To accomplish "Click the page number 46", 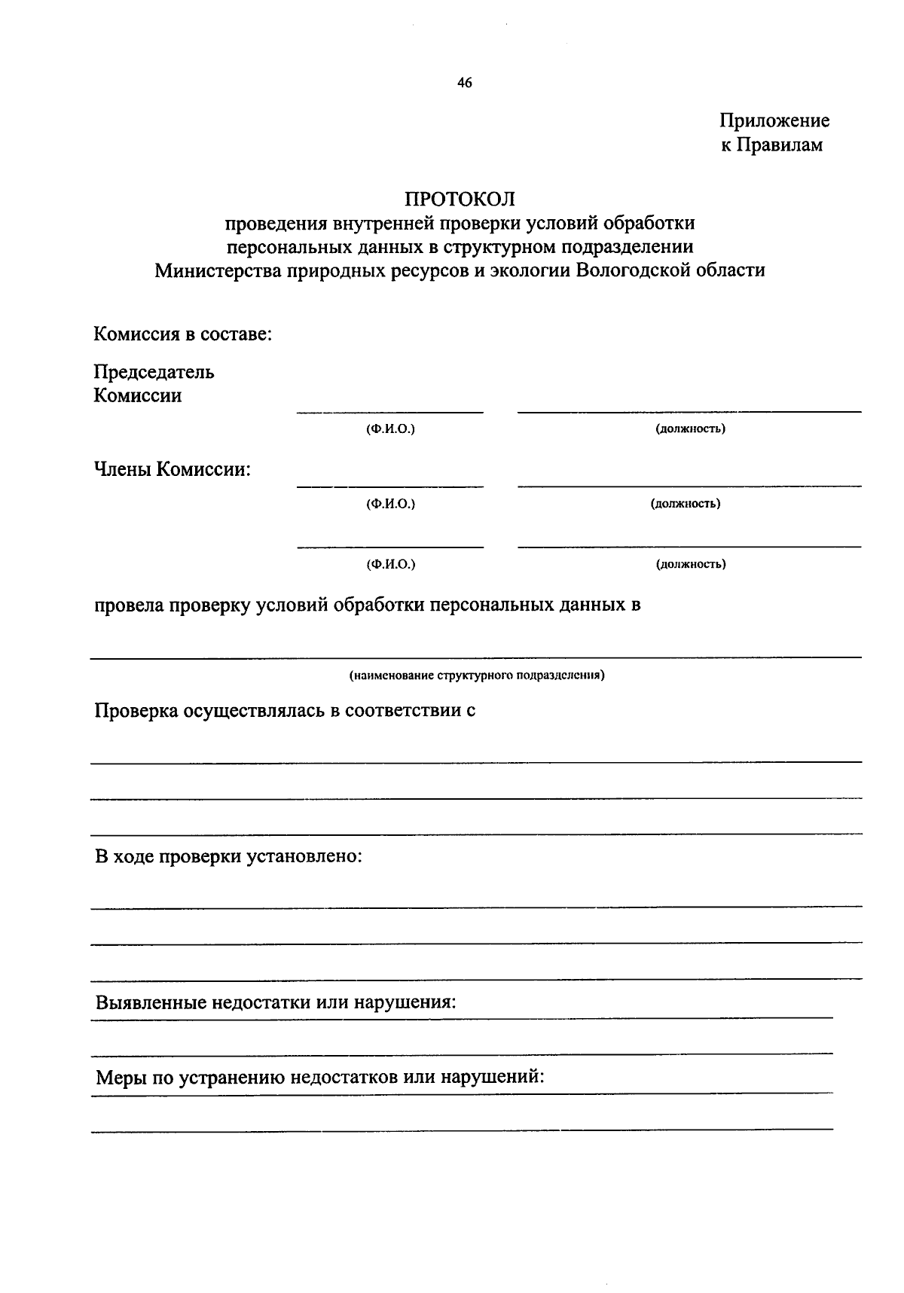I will tap(464, 84).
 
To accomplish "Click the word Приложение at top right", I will tap(774, 120).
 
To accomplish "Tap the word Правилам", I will tap(779, 145).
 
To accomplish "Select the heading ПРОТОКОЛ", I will tap(460, 199).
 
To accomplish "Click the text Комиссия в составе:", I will tap(182, 334).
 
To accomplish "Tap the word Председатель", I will tap(154, 372).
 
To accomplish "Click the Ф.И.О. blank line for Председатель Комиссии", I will tap(389, 411).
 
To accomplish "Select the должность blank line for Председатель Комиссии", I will tap(689, 410).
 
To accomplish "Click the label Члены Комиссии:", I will tap(172, 470).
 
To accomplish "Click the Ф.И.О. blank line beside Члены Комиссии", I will tap(389, 486).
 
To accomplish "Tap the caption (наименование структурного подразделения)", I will tap(476, 675).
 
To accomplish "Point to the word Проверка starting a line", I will tap(135, 711).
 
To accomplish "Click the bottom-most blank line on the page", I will tap(461, 1129).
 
